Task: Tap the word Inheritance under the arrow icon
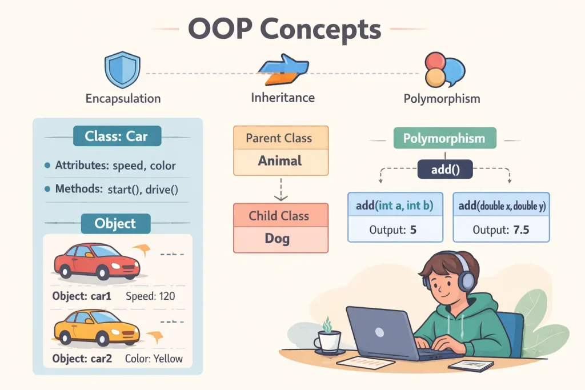283,98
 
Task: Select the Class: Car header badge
117,136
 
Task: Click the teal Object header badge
116,223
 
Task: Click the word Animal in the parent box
280,161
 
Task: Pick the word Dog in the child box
280,238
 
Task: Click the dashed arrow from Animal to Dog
280,188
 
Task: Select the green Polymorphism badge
444,138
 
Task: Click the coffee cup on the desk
327,341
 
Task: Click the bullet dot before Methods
47,189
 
